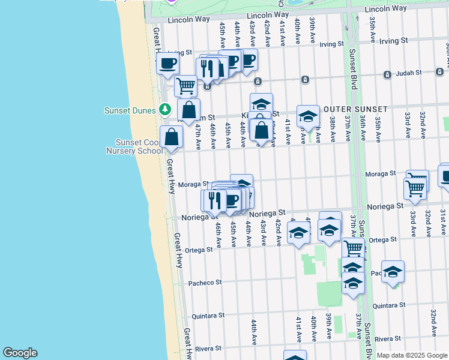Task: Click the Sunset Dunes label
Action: pyautogui.click(x=130, y=110)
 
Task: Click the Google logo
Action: pyautogui.click(x=20, y=353)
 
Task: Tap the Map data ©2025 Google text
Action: pyautogui.click(x=412, y=355)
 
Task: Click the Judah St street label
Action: pyautogui.click(x=405, y=74)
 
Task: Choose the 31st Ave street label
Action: pyautogui.click(x=442, y=223)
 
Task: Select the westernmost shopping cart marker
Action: pyautogui.click(x=185, y=86)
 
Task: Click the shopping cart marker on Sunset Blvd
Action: pyautogui.click(x=353, y=247)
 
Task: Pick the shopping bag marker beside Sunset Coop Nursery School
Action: pyautogui.click(x=172, y=137)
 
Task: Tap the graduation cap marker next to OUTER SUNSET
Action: pyautogui.click(x=308, y=116)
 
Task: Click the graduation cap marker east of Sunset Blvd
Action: pyautogui.click(x=393, y=271)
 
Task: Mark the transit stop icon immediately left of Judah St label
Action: pyautogui.click(x=387, y=74)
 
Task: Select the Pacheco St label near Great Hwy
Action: pyautogui.click(x=205, y=283)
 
